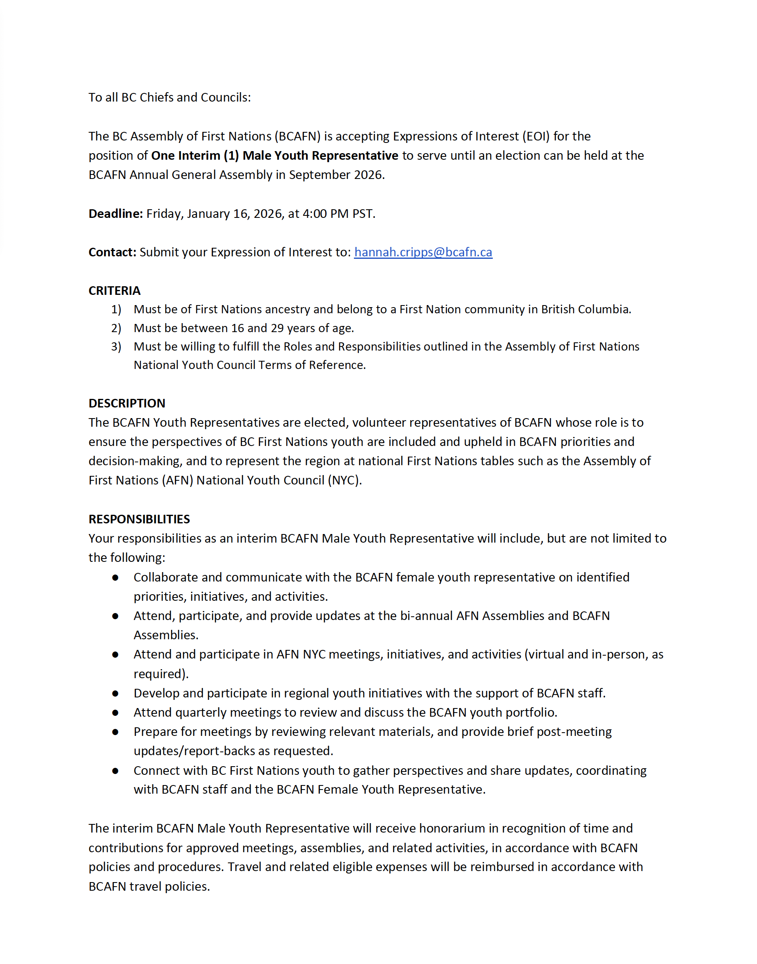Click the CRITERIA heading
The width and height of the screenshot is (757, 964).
tap(114, 291)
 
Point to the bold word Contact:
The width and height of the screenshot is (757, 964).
tap(113, 252)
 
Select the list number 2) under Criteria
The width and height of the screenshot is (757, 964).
tap(116, 328)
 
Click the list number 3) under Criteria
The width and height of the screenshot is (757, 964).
tap(116, 346)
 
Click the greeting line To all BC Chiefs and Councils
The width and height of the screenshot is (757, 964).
tap(170, 97)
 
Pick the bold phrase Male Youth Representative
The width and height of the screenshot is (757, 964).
tap(320, 156)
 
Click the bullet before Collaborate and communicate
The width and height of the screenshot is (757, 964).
tap(115, 577)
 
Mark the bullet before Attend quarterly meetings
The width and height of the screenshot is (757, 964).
tap(115, 713)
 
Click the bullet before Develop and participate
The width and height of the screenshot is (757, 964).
tap(115, 693)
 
